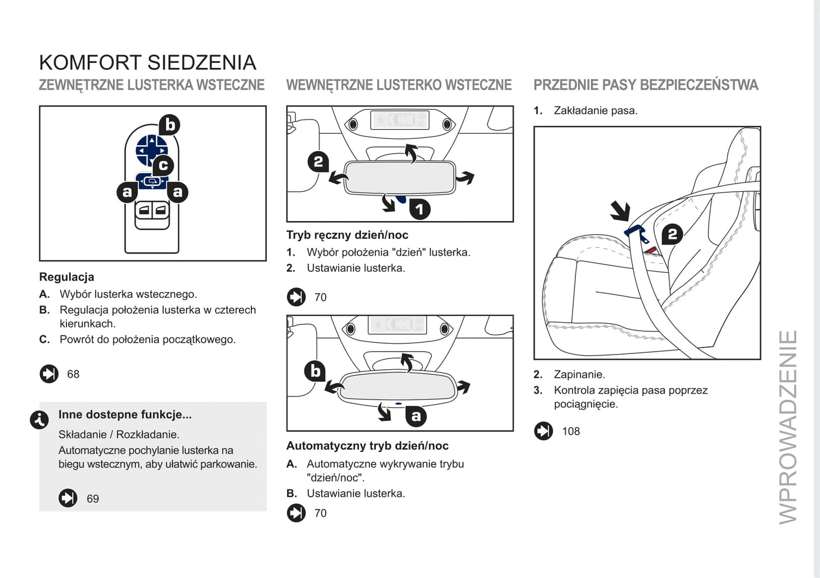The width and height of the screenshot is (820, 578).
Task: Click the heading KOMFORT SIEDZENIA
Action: pos(148,62)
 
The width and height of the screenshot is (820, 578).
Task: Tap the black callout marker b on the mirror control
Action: pos(169,125)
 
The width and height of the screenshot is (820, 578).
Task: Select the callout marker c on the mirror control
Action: pos(163,166)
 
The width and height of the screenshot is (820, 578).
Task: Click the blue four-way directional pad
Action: pos(151,150)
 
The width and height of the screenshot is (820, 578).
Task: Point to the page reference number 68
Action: pos(73,374)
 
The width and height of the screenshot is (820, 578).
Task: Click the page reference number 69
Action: pos(92,499)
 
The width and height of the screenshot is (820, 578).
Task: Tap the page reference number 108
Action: pos(571,432)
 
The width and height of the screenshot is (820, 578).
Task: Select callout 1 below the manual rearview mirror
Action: pos(419,209)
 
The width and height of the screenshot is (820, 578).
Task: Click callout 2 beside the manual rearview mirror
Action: pos(318,162)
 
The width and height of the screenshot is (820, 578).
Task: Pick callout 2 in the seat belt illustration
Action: pos(672,234)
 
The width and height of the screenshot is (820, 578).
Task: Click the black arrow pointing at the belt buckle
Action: pos(620,211)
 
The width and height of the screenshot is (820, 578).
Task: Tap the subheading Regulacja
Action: pos(66,277)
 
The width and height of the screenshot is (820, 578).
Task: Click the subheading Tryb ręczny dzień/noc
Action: pos(347,235)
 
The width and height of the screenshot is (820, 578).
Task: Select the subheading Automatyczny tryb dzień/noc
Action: pos(367,446)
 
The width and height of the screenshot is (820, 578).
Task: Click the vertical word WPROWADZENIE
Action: pos(789,427)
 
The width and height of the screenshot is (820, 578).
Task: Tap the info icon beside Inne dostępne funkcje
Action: pos(39,420)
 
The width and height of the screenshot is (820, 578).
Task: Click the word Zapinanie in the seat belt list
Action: pos(579,375)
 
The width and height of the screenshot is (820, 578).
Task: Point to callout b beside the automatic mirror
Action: pos(316,372)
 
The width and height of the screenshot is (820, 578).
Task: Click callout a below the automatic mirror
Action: pos(416,416)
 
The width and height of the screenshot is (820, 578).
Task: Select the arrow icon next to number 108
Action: pos(543,431)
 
